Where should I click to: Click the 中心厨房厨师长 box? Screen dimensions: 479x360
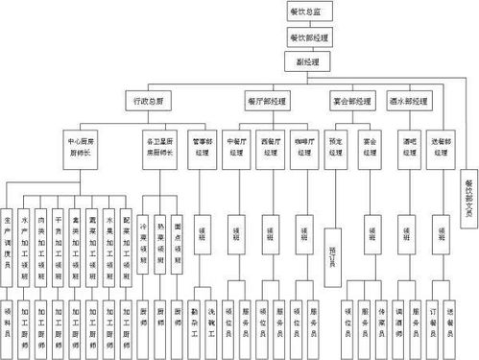[x=85, y=145]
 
